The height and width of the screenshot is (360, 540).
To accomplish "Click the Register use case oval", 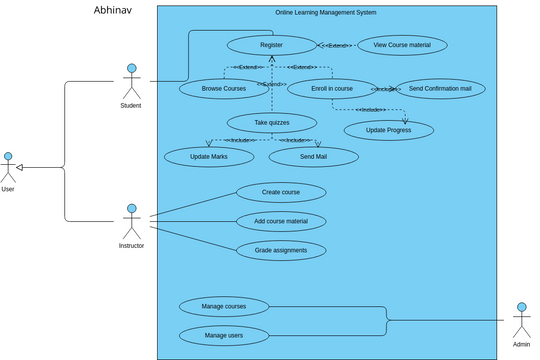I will point(271,45).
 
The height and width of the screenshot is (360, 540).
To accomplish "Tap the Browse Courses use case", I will point(223,88).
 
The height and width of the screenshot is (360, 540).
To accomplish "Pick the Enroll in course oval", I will point(332,88).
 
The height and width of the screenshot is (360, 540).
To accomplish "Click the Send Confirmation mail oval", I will point(440,88).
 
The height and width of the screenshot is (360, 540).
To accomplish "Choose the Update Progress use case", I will point(389,130).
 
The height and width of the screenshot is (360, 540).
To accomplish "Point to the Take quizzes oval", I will point(272,122).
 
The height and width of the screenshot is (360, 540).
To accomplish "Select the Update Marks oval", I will point(209,156).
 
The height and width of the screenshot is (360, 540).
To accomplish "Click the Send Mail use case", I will point(313,156).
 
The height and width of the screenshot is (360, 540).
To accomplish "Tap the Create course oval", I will point(281,192).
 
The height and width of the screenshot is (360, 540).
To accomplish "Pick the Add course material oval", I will point(281,221).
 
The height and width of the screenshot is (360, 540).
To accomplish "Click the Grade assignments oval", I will point(281,250).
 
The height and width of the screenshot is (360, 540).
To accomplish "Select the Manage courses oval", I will point(224,306).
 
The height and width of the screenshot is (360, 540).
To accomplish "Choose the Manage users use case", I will point(224,335).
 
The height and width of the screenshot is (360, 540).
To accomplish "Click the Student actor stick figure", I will point(130,81).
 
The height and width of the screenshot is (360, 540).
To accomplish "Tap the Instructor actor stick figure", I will point(131,221).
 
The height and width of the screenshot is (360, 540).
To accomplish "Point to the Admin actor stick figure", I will point(521,319).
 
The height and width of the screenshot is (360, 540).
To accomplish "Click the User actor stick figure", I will point(8,167).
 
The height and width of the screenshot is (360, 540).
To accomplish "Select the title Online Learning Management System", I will point(326,13).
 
